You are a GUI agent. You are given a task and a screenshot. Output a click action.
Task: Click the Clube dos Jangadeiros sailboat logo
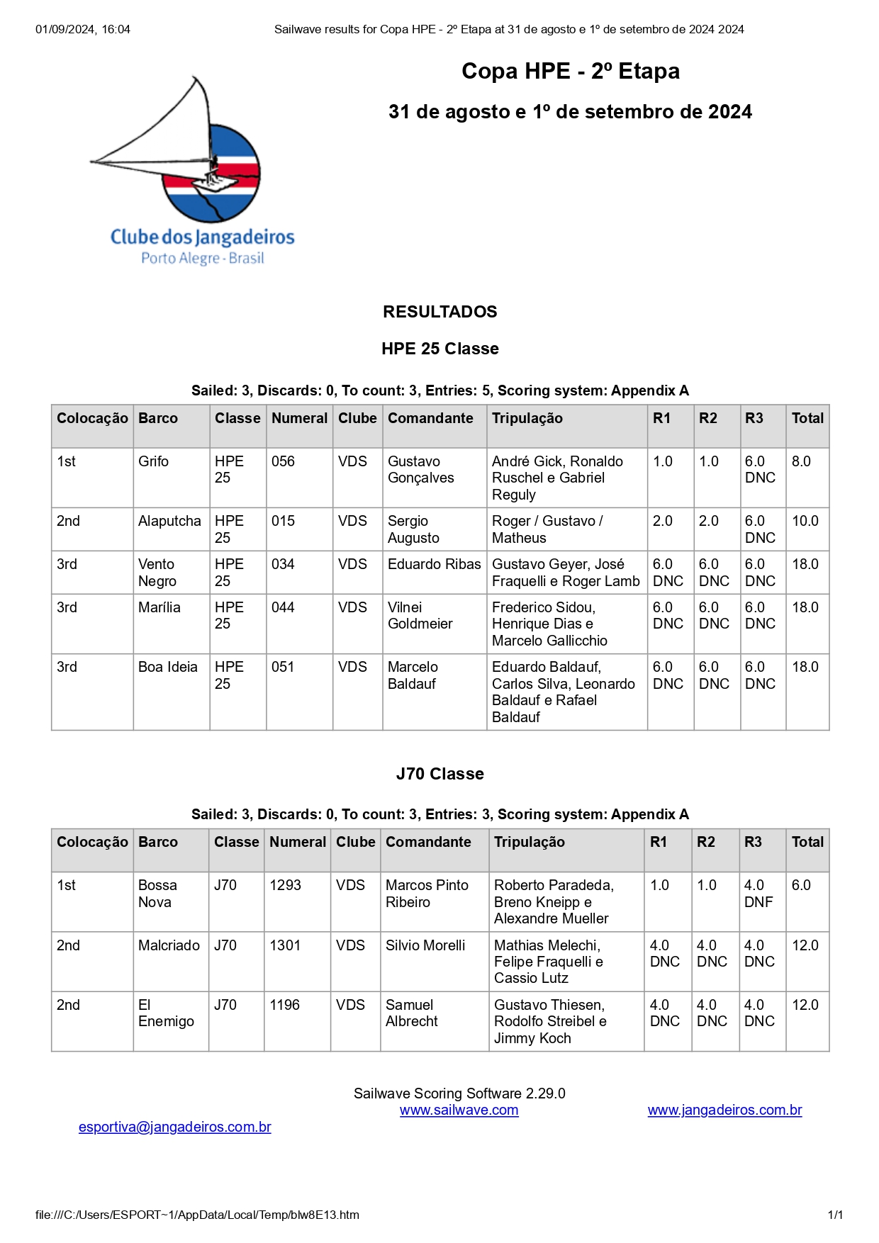coord(191,170)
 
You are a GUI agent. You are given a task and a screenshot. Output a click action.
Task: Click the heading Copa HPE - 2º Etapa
coord(570,72)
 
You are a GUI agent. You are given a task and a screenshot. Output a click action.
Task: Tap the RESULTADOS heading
coord(439,312)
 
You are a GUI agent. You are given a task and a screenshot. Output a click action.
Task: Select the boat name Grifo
coord(153,461)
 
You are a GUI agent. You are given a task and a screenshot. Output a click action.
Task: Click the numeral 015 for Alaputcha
coord(283,521)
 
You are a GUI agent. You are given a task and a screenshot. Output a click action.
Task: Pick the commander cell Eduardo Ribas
coord(434,564)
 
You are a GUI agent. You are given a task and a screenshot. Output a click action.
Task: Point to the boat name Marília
coord(159,607)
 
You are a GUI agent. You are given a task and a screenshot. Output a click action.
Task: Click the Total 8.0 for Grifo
coord(801,461)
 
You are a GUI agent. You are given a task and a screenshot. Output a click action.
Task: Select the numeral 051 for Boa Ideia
coord(283,667)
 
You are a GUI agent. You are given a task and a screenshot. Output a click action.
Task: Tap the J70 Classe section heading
coord(439,774)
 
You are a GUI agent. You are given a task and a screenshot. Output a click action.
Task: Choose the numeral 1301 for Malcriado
coord(285,945)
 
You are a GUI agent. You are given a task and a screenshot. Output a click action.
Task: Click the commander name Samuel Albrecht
coord(411,1013)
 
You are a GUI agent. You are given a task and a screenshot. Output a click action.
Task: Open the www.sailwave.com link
coord(459,1110)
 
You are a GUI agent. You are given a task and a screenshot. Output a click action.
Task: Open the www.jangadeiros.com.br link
coord(724,1110)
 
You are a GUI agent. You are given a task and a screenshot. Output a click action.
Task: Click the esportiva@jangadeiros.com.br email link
coord(174,1127)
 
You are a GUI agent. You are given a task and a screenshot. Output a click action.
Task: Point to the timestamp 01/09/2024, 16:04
coord(83,30)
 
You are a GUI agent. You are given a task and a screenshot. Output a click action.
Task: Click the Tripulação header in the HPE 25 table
coord(527,418)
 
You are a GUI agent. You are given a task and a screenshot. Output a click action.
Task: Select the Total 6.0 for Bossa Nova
coord(801,885)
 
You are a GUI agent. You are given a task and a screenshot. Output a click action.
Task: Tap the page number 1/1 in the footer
coord(835,1215)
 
